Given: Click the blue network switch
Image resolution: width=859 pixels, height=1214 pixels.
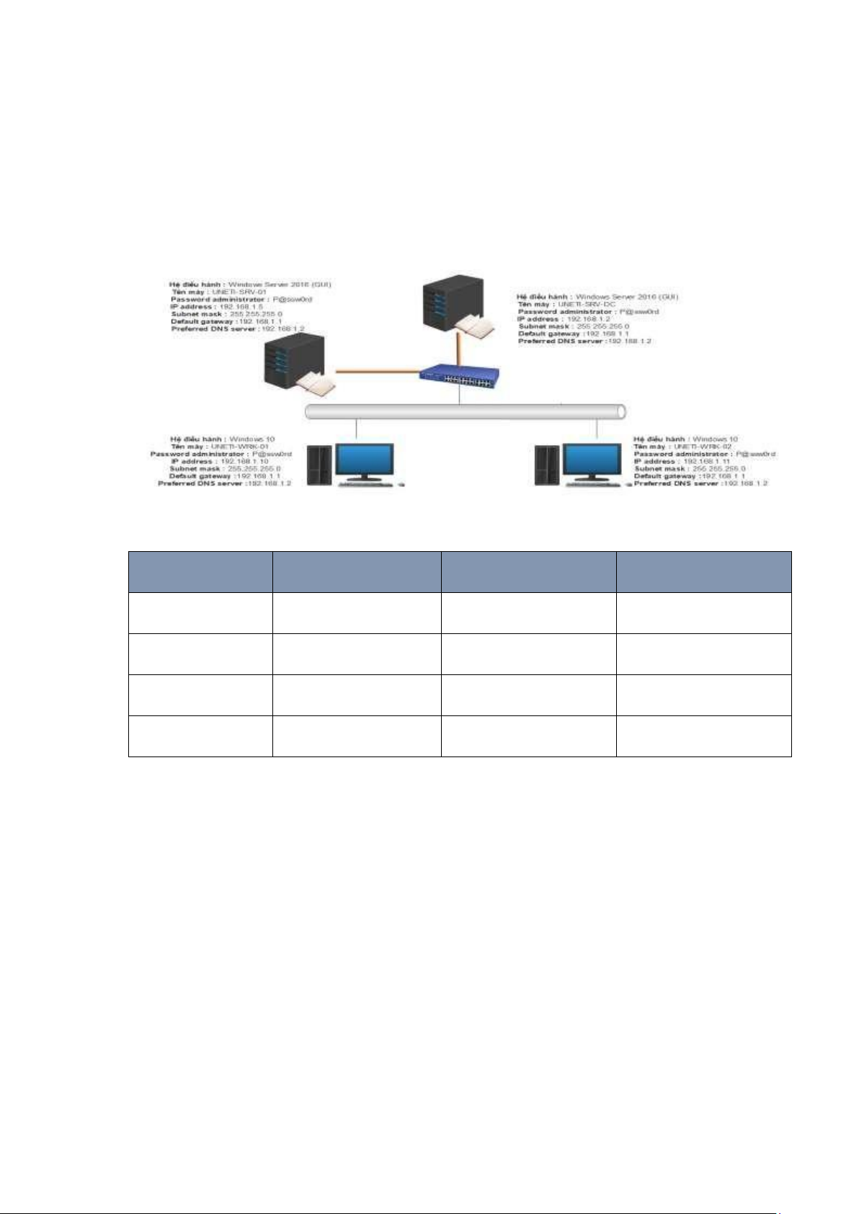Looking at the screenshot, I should coord(460,375).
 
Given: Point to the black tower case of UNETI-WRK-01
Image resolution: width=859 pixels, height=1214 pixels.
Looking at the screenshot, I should coord(319,466).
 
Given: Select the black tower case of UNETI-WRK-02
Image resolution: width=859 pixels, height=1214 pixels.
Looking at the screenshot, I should coord(547,466).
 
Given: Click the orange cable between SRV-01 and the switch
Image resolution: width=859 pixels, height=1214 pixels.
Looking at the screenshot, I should coord(378,372).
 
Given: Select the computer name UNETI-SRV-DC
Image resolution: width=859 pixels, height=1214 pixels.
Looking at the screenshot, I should coord(587,304).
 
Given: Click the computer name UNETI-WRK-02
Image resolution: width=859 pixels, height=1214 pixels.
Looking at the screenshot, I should coord(703,447).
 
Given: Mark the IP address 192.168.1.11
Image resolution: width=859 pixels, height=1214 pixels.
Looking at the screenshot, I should coord(706,461).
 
